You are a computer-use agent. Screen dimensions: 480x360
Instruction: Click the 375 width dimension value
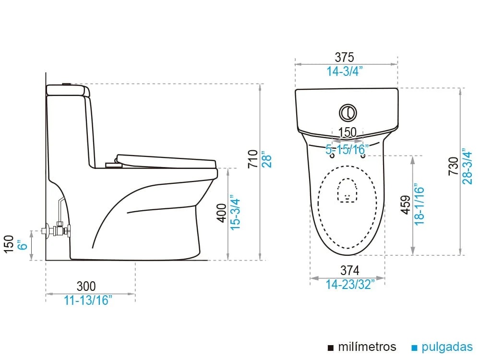(x=344, y=57)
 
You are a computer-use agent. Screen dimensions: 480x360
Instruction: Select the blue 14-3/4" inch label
(x=344, y=72)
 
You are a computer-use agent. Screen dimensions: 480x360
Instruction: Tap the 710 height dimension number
(x=253, y=158)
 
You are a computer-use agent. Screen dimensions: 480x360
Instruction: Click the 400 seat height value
(x=221, y=214)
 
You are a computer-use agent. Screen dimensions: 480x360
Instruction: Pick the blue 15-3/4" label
(x=235, y=213)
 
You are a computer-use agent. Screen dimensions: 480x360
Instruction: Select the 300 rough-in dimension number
(x=86, y=286)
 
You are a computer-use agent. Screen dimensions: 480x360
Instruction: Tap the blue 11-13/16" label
(x=88, y=300)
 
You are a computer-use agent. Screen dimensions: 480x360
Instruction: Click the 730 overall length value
(x=454, y=166)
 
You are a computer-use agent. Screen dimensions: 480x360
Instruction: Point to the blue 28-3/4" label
(x=468, y=166)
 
